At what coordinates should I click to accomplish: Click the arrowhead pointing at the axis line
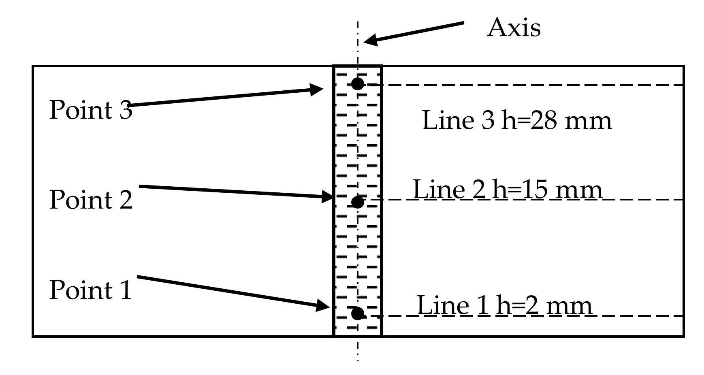[370, 41]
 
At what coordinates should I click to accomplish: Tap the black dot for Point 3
[357, 84]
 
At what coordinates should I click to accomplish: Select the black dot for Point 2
[357, 202]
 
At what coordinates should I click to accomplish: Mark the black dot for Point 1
[357, 313]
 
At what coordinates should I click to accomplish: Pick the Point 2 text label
[91, 200]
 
